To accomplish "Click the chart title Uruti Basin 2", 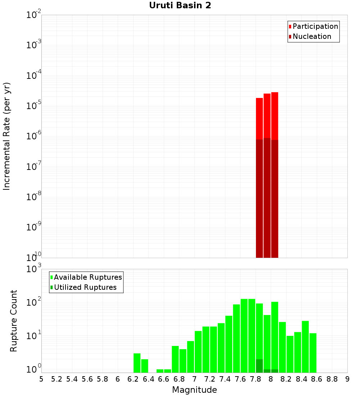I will [180, 5].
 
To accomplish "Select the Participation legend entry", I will [313, 26].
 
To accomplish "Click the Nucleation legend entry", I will [310, 36].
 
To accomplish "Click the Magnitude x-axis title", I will [194, 390].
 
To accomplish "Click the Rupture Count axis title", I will [14, 320].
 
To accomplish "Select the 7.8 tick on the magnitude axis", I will [256, 379].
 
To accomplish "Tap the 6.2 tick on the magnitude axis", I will [133, 379].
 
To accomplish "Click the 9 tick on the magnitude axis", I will [347, 379].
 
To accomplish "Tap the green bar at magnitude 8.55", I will [313, 353].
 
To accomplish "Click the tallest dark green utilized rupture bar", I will [259, 366].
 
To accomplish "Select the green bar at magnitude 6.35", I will [144, 366].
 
